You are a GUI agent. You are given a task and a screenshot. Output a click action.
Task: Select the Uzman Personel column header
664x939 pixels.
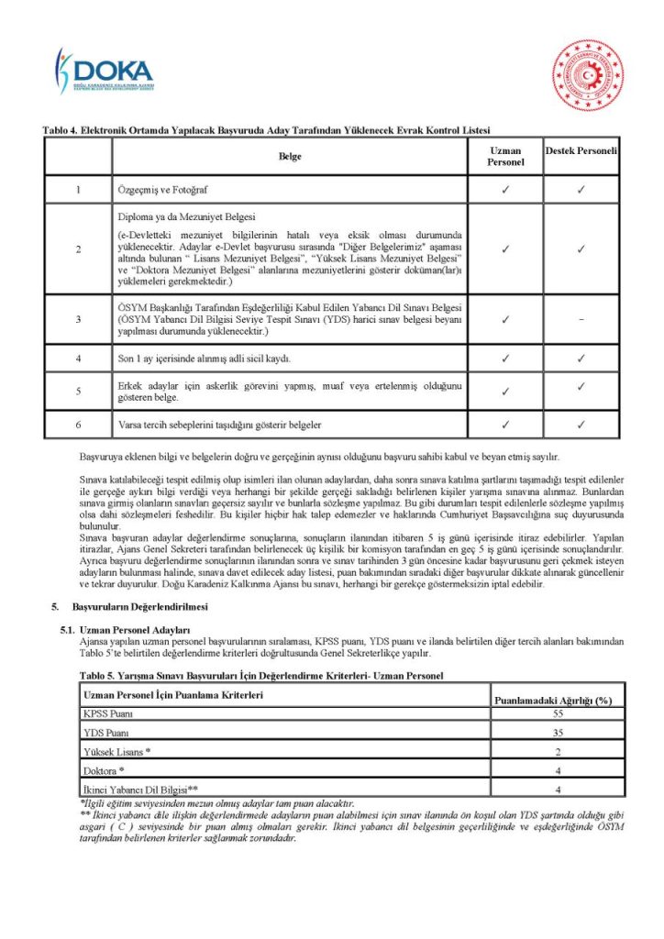tap(505, 156)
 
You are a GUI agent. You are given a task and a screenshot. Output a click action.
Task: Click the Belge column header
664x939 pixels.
tap(290, 157)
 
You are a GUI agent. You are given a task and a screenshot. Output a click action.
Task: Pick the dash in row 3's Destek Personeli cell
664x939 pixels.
tap(581, 319)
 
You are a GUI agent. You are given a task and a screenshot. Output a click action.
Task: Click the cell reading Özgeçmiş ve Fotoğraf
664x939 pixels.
tap(163, 190)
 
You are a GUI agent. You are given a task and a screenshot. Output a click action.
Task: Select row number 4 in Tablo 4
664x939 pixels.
tap(79, 359)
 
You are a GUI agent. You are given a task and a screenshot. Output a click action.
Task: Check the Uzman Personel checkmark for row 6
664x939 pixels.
tap(505, 425)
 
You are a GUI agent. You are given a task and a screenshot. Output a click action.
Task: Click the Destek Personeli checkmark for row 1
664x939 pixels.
tap(581, 190)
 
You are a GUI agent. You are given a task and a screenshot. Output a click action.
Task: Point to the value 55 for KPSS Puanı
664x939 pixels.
tap(558, 713)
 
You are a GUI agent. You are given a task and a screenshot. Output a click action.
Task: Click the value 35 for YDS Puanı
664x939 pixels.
tap(558, 733)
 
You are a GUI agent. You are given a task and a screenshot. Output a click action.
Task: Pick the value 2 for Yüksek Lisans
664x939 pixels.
tap(558, 752)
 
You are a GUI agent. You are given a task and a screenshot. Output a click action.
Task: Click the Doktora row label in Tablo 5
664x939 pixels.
tap(104, 770)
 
